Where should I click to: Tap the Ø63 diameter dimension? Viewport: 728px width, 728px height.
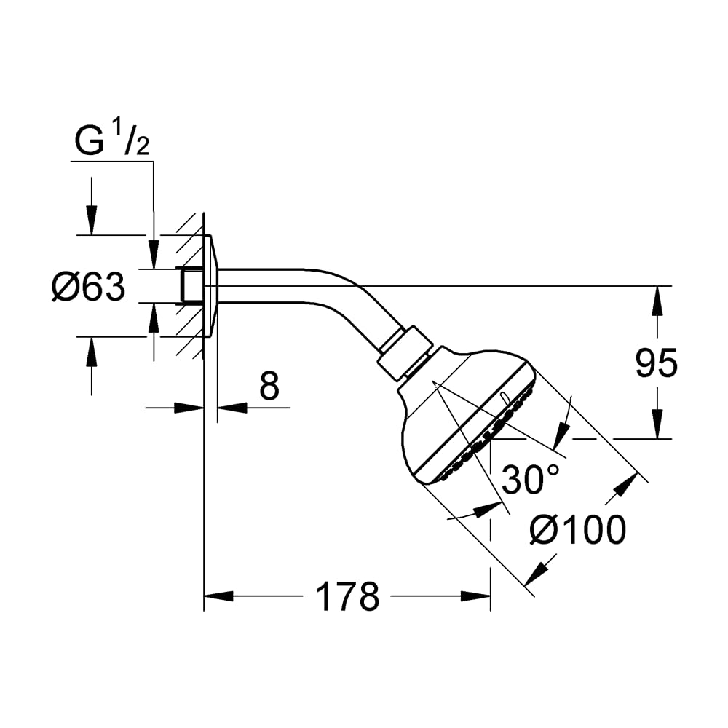coord(88,286)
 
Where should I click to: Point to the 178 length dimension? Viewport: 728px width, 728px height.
coord(347,597)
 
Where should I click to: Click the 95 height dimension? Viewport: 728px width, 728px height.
coord(657,363)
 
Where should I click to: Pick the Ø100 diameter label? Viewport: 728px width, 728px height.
coord(578,530)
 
